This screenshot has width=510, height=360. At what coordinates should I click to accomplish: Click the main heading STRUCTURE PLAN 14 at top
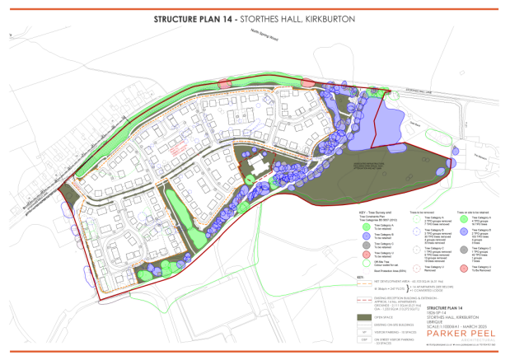202,17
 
